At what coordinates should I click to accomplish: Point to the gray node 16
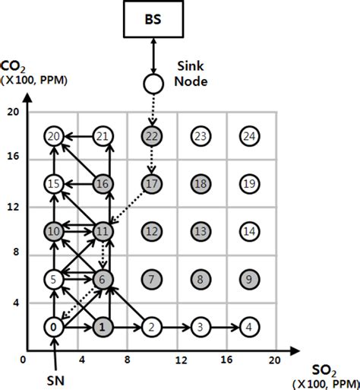[103, 183]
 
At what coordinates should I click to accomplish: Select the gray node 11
[103, 231]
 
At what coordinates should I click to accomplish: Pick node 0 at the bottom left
[53, 328]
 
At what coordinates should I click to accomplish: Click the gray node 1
[103, 328]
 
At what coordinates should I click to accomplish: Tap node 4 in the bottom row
[248, 328]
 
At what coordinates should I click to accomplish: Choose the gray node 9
[248, 279]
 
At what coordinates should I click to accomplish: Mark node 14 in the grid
[248, 231]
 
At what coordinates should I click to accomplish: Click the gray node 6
[103, 279]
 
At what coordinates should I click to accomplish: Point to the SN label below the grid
[53, 378]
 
